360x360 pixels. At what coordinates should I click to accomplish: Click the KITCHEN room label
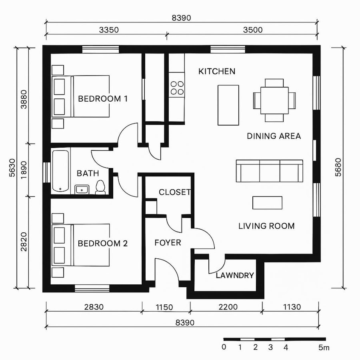pos(217,72)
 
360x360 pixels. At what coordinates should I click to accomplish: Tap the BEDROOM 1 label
pos(103,98)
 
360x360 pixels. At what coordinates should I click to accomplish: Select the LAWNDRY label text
pos(235,276)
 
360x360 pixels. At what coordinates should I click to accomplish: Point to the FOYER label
pos(168,243)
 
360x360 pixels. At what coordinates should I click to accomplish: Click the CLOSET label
pos(175,192)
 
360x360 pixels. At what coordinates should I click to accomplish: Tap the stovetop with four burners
pos(177,88)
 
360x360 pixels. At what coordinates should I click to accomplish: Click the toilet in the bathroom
pos(100,187)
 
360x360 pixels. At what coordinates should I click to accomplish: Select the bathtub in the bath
pos(61,171)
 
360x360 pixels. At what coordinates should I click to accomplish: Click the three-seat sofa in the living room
pos(269,171)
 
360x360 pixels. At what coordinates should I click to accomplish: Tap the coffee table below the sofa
pos(268,203)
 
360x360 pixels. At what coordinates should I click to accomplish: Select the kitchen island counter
pos(228,105)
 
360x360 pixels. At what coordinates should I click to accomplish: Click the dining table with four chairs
pos(274,100)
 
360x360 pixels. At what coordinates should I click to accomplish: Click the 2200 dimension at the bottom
pos(227,308)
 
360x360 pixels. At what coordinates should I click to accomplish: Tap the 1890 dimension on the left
pos(23,170)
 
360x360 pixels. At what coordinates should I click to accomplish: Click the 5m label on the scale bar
pos(324,348)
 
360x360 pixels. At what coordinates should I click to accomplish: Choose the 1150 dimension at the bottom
pos(164,308)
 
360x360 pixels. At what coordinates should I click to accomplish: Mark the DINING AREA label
pos(274,136)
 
